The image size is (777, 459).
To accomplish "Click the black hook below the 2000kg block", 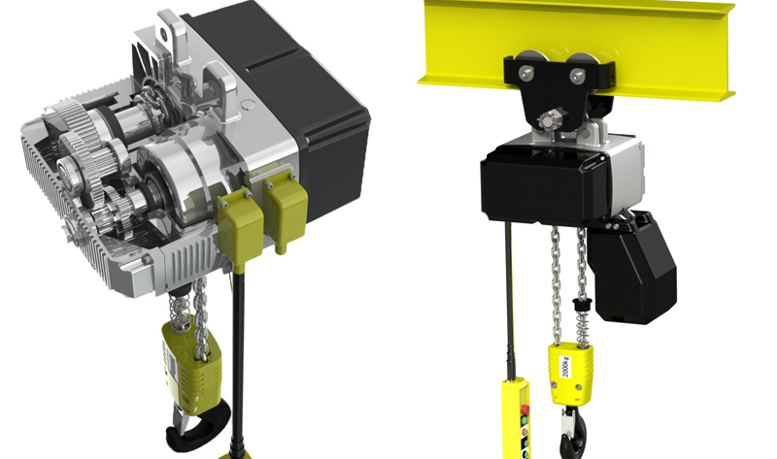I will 571,427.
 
